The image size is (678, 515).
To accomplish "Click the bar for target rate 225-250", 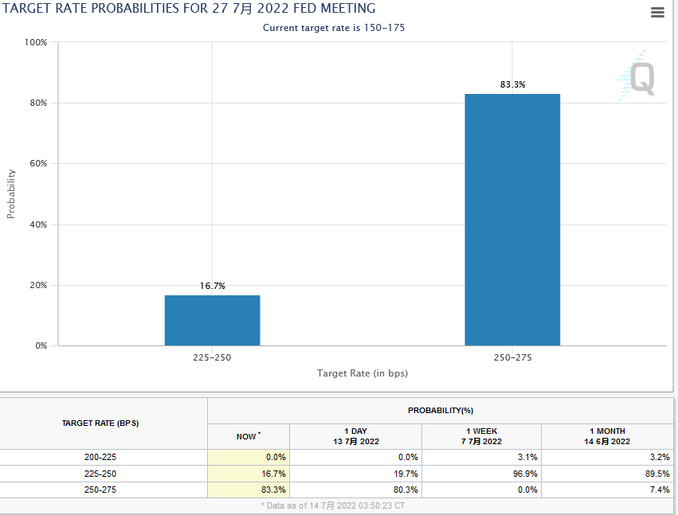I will (x=212, y=320).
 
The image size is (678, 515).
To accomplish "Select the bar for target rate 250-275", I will (x=512, y=220).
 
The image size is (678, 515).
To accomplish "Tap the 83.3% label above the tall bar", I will (x=512, y=84).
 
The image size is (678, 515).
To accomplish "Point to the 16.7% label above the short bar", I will (x=212, y=286).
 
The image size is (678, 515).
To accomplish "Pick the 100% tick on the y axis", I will (x=36, y=42).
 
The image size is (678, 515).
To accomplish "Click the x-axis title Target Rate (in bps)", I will (x=363, y=373).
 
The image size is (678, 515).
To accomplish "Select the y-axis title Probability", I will (x=11, y=193).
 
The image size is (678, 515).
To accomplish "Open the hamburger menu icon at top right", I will (x=657, y=12).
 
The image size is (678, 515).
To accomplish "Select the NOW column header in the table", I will (x=248, y=436).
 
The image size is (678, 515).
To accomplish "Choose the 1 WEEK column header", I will (x=481, y=436).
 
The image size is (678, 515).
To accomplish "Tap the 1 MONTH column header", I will (x=606, y=436).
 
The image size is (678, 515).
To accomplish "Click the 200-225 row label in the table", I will (x=100, y=458).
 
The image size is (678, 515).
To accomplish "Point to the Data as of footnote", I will (x=339, y=506).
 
